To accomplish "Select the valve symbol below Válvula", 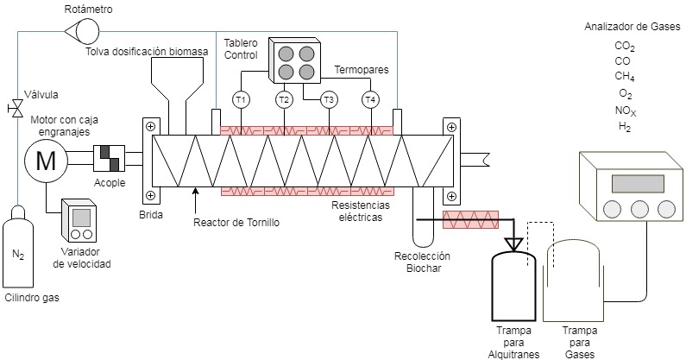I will point(16,109).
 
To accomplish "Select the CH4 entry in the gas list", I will point(626,76).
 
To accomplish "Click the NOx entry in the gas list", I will point(626,111).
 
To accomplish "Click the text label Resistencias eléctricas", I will point(361,212).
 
